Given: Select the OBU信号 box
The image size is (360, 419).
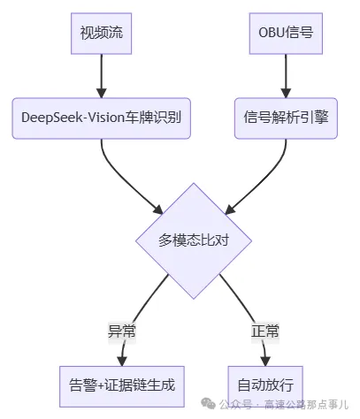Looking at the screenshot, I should (x=286, y=34).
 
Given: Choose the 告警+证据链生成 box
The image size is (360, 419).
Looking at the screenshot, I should (x=122, y=385).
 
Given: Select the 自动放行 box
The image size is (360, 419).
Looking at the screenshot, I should (x=265, y=385).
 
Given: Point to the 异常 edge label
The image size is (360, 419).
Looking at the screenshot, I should (x=121, y=332).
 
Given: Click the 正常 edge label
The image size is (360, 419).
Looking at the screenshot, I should (x=265, y=332).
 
